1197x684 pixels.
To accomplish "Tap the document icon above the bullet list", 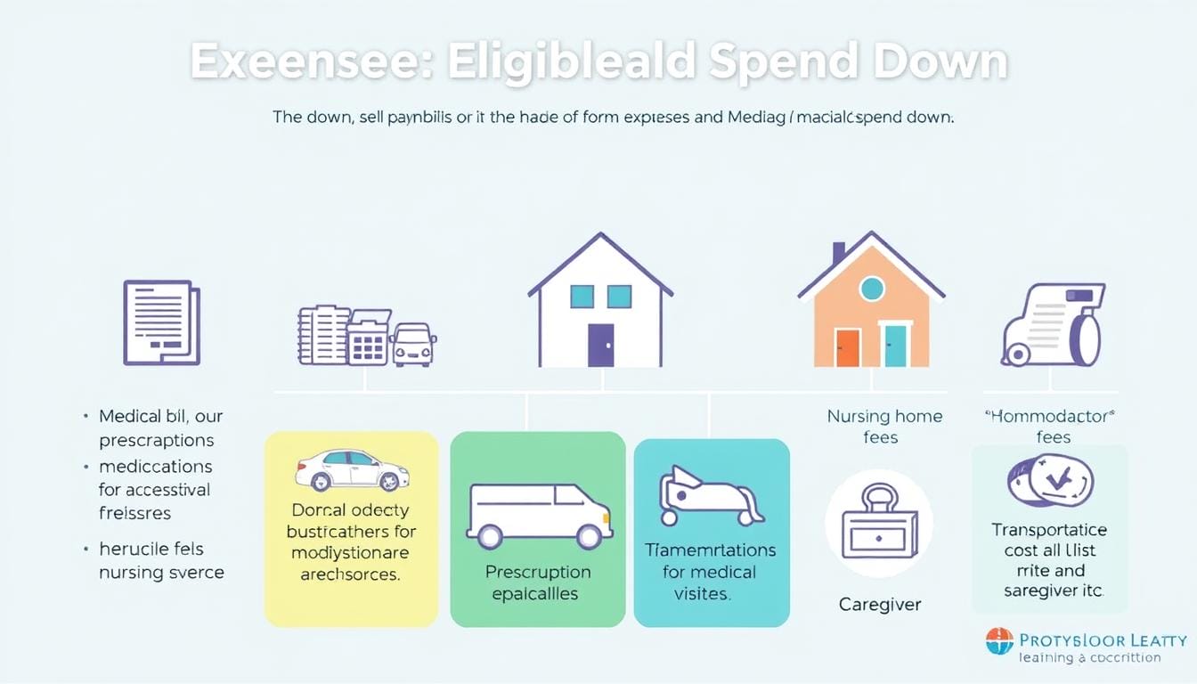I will pos(160,322).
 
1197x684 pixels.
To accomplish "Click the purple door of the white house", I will pos(600,345).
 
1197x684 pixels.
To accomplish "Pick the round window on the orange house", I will pos(871,288).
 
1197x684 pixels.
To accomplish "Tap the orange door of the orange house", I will pos(847,347).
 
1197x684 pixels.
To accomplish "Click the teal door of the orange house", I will pos(894,346).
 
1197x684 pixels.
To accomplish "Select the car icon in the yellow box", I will pos(351,469).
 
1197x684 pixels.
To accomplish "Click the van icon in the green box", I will pos(539,516).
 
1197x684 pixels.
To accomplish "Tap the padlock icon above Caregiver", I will pos(878,524).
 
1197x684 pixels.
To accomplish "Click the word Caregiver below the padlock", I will pos(880,605).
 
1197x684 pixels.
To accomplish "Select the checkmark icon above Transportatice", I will pos(1050,480).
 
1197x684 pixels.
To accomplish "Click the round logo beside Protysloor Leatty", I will pos(999,641).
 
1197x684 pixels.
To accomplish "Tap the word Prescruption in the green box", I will pos(537,571).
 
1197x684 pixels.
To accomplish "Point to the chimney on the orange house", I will pos(838,253).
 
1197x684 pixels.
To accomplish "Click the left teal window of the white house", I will pos(582,297).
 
